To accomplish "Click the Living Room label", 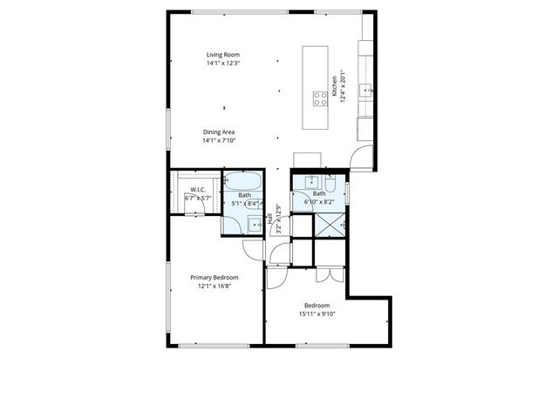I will [222, 55].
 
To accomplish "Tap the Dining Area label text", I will [219, 132].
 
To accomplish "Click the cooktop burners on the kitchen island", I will [319, 98].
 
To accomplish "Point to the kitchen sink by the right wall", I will [368, 89].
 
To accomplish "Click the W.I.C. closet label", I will [198, 190].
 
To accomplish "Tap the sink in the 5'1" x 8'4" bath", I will [255, 224].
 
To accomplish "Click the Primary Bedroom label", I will [214, 278].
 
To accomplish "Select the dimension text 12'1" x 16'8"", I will [214, 287].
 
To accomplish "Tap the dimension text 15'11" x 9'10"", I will [320, 313].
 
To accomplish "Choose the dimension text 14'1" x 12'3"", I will [222, 64].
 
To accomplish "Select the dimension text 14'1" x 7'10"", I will [219, 140].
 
